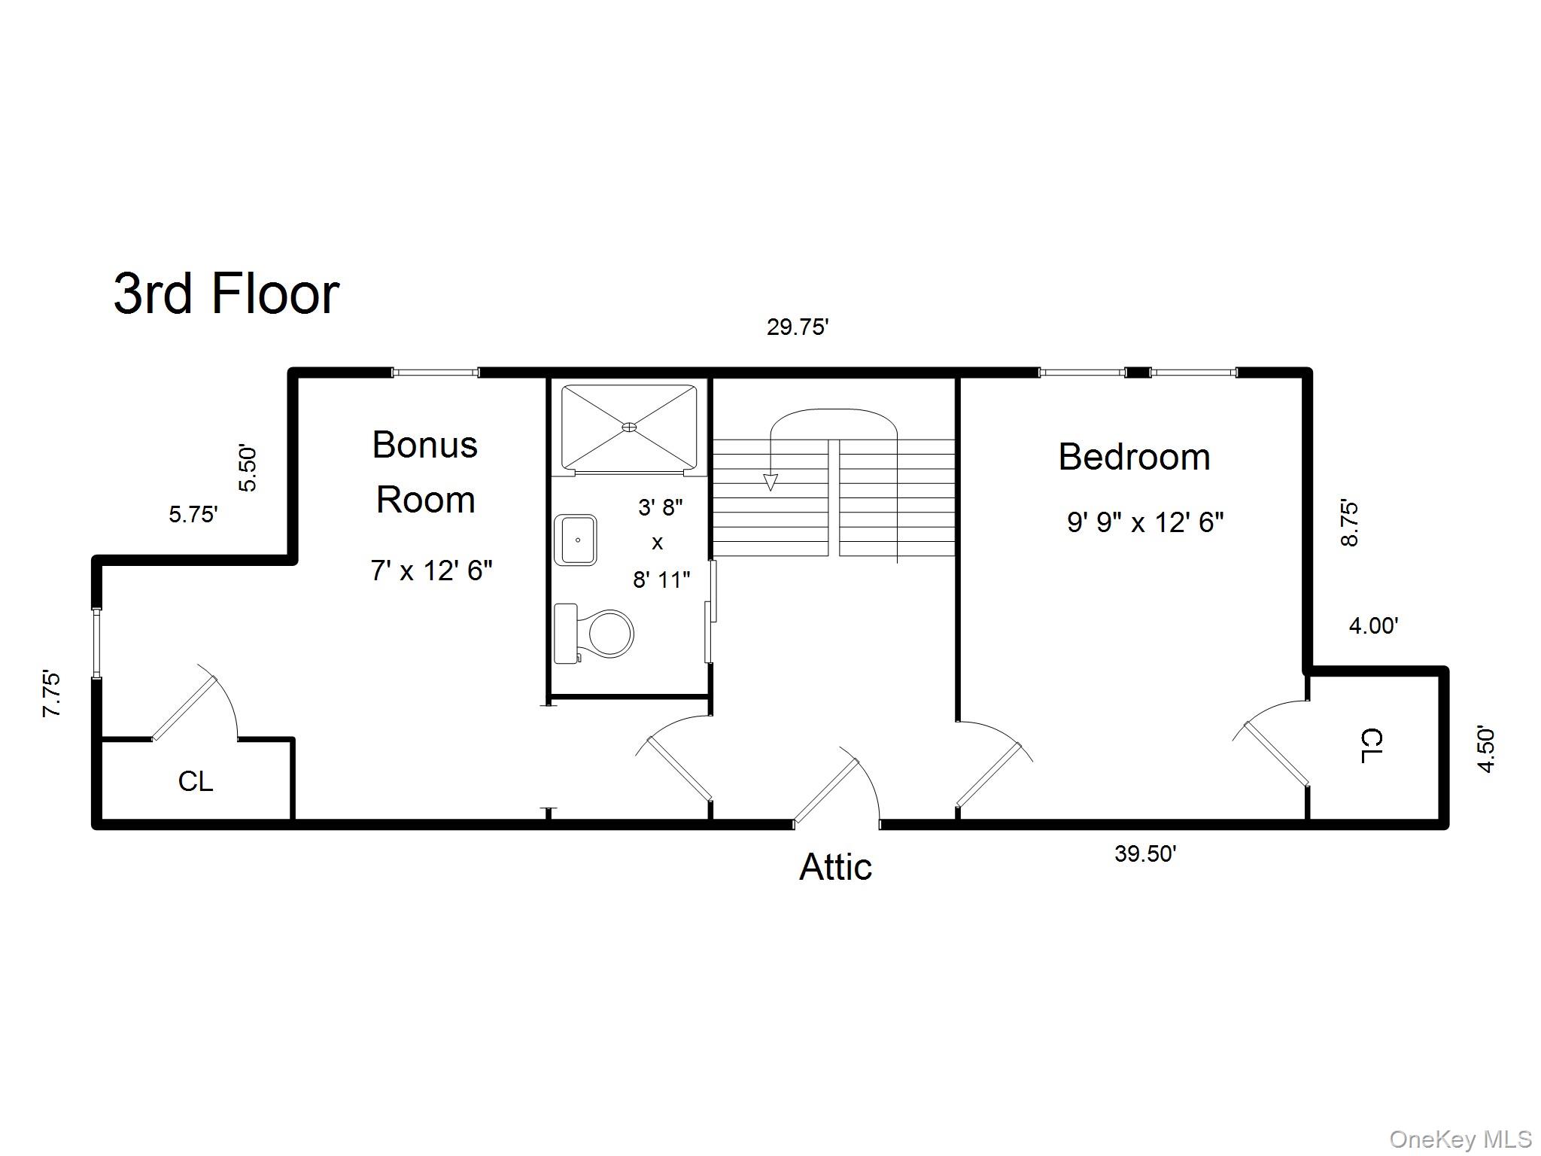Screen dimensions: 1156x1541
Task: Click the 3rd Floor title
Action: tap(226, 294)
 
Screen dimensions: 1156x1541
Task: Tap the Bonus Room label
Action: tap(425, 472)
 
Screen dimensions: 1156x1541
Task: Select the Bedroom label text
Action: tap(1134, 457)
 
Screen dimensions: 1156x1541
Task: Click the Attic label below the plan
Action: tap(835, 867)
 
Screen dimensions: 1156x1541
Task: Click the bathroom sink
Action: tap(576, 540)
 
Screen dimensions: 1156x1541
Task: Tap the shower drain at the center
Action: tap(629, 427)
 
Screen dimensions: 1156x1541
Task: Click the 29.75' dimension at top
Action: tap(798, 327)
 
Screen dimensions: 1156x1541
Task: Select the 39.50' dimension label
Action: tap(1145, 853)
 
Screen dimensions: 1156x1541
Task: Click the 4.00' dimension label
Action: tap(1373, 625)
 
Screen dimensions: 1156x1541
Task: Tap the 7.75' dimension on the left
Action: tap(52, 693)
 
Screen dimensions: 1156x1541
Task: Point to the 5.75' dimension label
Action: tap(193, 515)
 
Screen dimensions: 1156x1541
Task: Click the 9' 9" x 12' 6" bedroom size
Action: tap(1145, 522)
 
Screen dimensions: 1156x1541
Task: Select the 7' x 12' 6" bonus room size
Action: tap(431, 570)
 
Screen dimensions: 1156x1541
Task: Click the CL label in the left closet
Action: tap(196, 781)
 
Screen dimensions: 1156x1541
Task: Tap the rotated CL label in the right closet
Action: tap(1371, 745)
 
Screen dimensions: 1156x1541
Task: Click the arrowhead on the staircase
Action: tap(770, 482)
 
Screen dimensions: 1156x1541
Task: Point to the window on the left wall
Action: tap(96, 643)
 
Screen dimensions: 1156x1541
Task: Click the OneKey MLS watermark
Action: tap(1460, 1139)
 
